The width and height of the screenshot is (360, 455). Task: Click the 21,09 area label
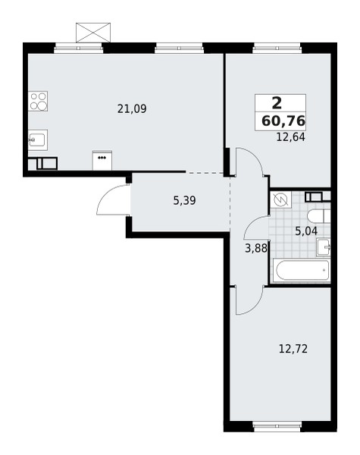point(132,108)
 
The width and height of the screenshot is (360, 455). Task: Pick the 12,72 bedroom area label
point(293,349)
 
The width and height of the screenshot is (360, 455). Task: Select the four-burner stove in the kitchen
point(38,102)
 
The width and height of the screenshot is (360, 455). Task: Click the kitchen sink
point(38,140)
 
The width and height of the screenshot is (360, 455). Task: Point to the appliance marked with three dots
point(102,161)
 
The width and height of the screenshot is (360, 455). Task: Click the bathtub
point(301,271)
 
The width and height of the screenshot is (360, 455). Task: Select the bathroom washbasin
point(324,247)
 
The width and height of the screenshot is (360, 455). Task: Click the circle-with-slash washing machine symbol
point(280,200)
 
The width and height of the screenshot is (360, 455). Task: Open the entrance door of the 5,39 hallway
point(113,203)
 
